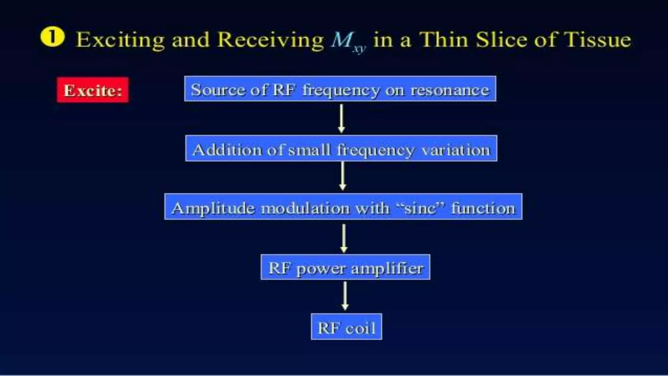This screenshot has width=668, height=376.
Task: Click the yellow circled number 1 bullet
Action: pos(52,38)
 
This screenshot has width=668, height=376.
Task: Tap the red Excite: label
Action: pos(93,90)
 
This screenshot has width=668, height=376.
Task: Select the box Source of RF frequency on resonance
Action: pos(340,89)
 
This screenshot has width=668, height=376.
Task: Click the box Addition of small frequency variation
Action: pos(341,149)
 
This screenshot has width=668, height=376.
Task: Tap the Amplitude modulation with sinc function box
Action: pos(343,207)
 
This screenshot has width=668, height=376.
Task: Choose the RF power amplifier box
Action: pos(345,267)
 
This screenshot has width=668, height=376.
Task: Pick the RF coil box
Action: pos(346,327)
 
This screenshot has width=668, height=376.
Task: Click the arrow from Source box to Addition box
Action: pos(341,118)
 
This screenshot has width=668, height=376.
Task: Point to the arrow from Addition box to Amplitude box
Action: pos(342,176)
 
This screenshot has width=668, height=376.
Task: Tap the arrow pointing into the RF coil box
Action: pos(345,296)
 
